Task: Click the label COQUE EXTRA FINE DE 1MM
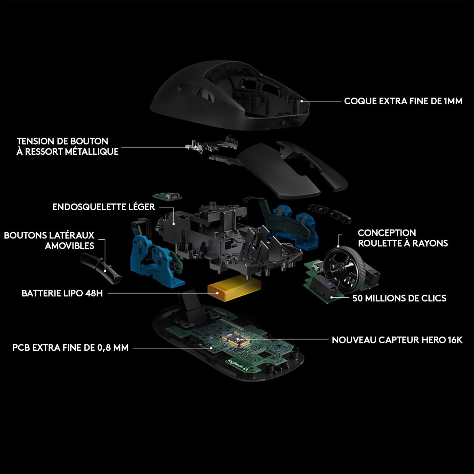pos(403,101)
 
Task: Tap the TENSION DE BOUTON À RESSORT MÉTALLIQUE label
pos(67,146)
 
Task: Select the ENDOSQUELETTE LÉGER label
pos(104,207)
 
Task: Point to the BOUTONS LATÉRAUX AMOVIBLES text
pos(49,240)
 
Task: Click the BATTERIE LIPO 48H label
pos(62,293)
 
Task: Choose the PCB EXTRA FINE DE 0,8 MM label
pos(70,347)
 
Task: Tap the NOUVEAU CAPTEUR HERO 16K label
pos(397,340)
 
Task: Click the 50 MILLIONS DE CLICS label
pos(399,298)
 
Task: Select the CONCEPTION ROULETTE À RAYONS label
pos(402,238)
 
